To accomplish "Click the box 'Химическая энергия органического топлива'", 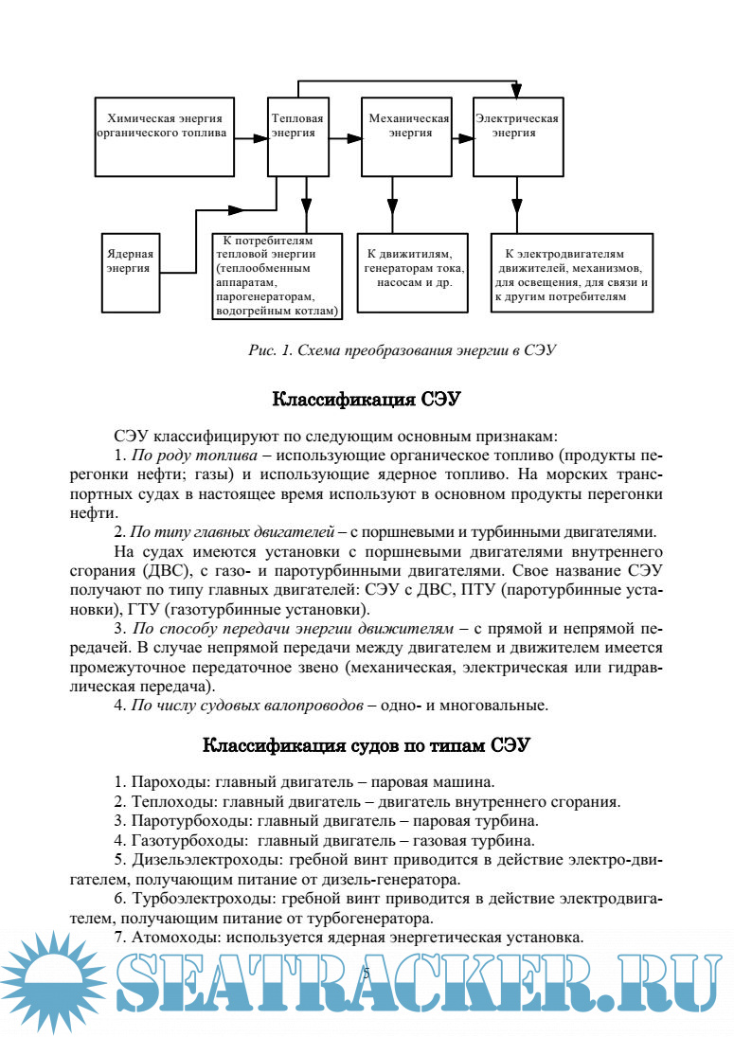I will [165, 135].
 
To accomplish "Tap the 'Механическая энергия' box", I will [407, 135].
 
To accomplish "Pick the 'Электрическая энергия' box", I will [516, 135].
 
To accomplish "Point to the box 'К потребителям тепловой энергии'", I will [277, 276].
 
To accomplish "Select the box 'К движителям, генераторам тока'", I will [412, 272].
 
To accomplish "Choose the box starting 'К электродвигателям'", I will [571, 274].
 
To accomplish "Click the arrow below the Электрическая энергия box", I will [516, 205].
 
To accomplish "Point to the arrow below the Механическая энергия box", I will [393, 205].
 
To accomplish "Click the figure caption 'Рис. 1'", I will [401, 349].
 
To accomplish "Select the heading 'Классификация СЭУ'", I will [367, 399].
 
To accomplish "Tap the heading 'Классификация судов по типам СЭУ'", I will [367, 745].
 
